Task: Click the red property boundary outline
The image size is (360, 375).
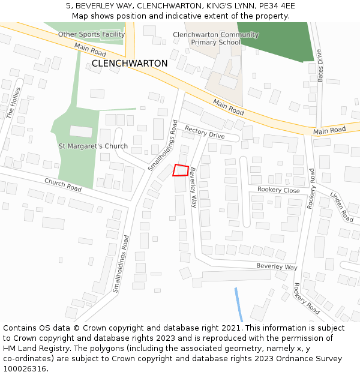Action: [x=181, y=170]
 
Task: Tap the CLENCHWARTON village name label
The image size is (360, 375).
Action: [x=130, y=63]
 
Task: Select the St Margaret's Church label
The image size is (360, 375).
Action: [x=93, y=146]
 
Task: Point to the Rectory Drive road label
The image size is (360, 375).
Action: [x=205, y=133]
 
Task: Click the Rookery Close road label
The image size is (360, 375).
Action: [x=278, y=190]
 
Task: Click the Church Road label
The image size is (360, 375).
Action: [x=62, y=185]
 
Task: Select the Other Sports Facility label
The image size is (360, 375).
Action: [x=91, y=34]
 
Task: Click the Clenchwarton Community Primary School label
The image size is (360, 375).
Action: [x=215, y=39]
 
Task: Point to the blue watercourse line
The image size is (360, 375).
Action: [x=238, y=305]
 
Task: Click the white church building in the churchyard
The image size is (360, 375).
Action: [x=81, y=131]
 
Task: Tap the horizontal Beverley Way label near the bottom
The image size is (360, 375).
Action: [x=277, y=266]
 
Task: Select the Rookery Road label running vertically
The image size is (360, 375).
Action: [x=311, y=188]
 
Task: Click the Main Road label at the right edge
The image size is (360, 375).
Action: [x=329, y=130]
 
